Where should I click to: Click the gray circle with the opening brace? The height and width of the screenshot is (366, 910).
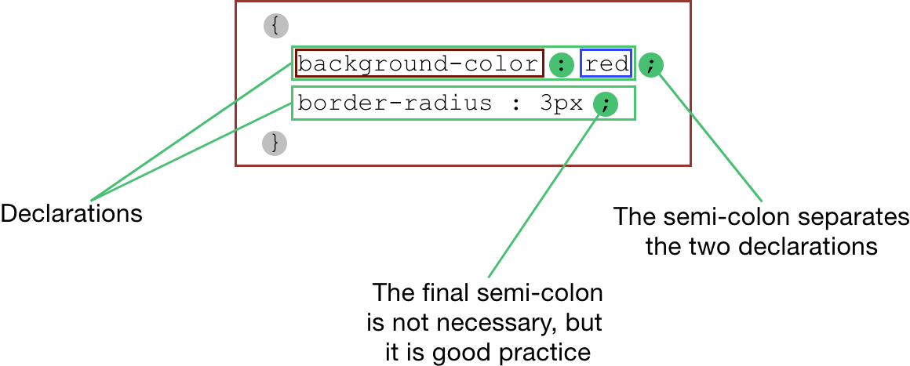[275, 26]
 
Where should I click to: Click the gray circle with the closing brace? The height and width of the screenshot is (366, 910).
[274, 143]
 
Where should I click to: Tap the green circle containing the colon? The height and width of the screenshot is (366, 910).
[562, 65]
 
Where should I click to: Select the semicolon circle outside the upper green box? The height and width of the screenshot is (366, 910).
[651, 65]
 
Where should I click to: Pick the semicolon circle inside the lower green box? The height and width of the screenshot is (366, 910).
[606, 104]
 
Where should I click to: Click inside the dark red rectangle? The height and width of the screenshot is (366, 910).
[420, 63]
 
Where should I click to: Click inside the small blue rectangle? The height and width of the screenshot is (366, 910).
[606, 63]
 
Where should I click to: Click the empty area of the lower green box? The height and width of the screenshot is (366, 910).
[439, 103]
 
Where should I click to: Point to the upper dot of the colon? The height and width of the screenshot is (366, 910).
[562, 60]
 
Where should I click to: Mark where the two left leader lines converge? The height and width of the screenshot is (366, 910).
[91, 201]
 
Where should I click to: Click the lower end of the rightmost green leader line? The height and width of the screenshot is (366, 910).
[762, 201]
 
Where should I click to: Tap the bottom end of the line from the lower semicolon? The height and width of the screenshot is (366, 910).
[488, 277]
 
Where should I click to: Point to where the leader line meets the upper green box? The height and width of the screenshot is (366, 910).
[292, 64]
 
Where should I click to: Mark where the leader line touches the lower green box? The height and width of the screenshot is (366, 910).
[292, 103]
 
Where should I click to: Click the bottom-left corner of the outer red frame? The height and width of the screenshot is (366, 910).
[235, 165]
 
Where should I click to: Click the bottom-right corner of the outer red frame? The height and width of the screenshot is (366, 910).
[690, 165]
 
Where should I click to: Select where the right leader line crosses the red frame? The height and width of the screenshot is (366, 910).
[690, 112]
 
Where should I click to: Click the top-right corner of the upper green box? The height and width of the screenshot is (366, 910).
[635, 46]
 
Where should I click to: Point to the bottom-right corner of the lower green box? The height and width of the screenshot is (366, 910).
[635, 119]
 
